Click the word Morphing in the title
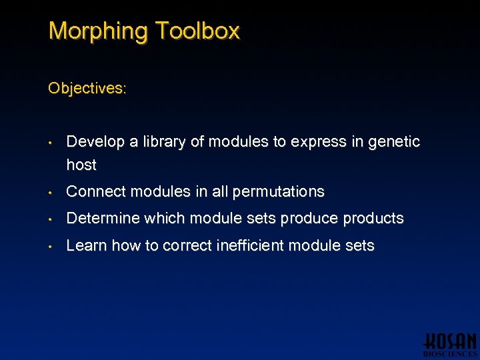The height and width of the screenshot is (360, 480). [x=98, y=31]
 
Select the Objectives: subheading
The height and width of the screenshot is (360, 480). [x=87, y=88]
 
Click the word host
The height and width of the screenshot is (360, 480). [x=81, y=165]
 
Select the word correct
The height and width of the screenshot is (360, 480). [x=187, y=246]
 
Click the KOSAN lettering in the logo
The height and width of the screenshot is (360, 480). [x=450, y=341]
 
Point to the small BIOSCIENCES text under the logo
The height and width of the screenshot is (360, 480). [x=450, y=354]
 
